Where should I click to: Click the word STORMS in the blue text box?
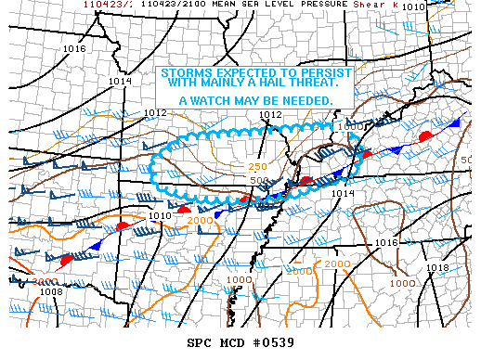pos(184,73)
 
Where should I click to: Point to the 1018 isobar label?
pos(437,267)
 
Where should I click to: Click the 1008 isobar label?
pos(52,291)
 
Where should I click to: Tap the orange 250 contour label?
pos(257,166)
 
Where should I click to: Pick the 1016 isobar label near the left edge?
pos(74,48)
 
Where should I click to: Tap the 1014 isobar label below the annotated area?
pos(343,193)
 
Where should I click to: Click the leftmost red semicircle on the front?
pos(66,262)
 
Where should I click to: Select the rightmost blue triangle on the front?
pos(455,122)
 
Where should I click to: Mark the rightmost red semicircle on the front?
pos(425,136)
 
